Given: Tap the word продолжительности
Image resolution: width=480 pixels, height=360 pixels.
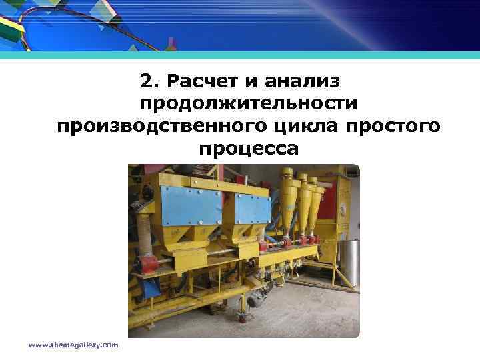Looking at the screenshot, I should pyautogui.click(x=248, y=104).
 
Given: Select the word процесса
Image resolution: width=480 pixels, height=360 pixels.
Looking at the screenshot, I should pyautogui.click(x=248, y=148).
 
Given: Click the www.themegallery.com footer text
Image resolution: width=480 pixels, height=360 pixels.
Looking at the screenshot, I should pyautogui.click(x=73, y=345).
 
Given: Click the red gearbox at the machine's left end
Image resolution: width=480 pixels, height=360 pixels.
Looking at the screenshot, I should pyautogui.click(x=148, y=264).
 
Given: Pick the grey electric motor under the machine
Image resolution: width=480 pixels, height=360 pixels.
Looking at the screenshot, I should pyautogui.click(x=255, y=300).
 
